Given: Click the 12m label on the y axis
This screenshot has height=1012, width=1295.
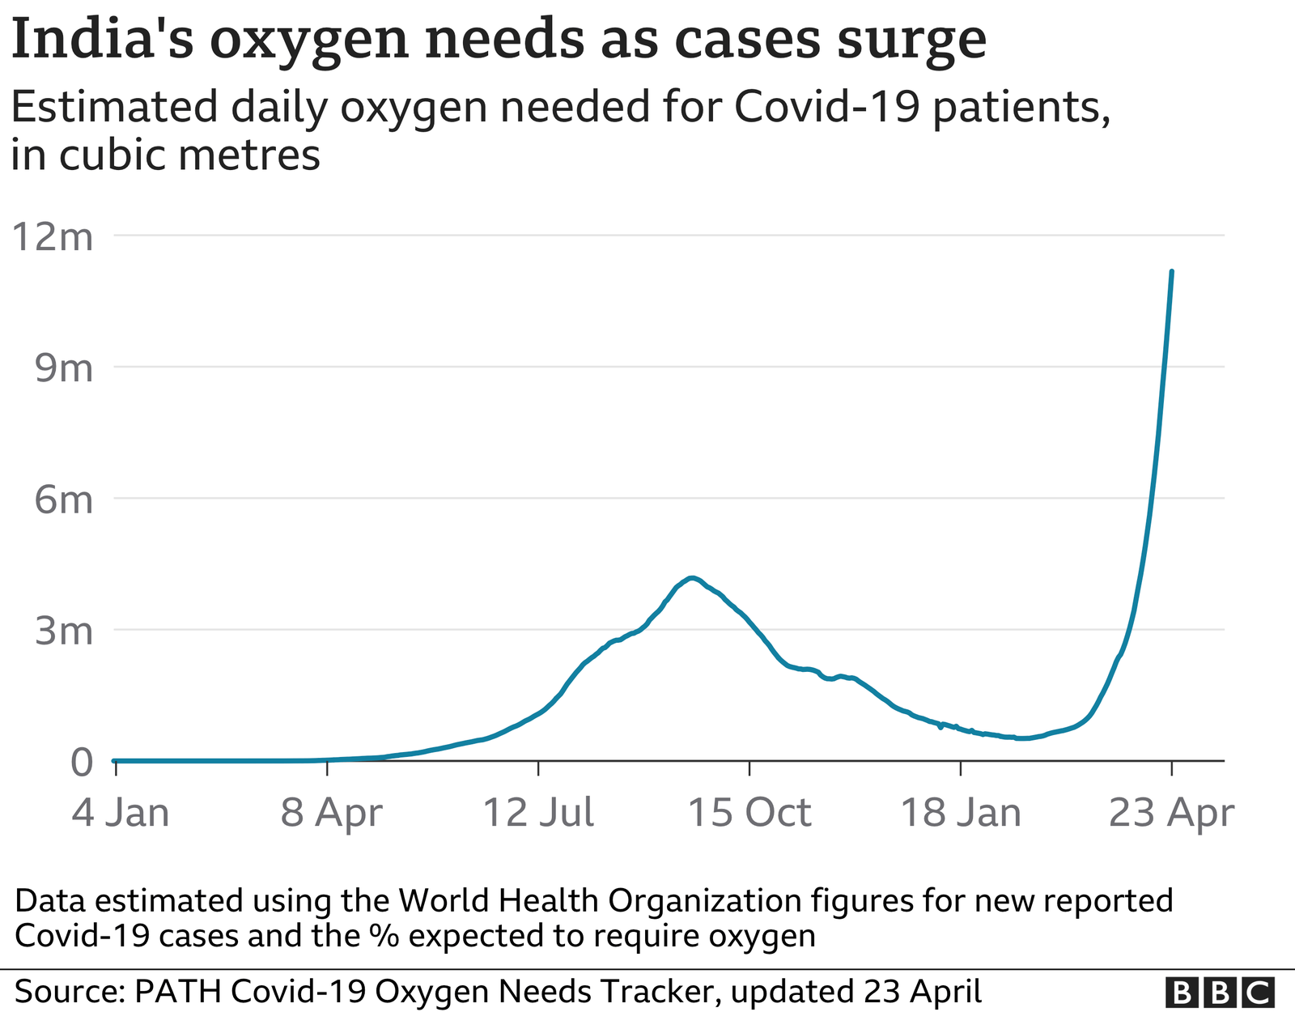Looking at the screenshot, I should (53, 237).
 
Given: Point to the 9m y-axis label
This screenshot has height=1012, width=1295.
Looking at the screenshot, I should (64, 368).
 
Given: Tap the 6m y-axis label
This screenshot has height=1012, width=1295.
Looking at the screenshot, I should (64, 500).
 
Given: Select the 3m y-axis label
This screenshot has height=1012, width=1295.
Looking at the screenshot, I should (64, 631).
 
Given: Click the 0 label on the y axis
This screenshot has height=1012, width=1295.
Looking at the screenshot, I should (82, 762).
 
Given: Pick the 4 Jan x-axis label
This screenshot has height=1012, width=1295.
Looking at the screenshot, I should (121, 812).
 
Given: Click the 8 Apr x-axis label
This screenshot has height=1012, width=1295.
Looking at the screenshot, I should (331, 812).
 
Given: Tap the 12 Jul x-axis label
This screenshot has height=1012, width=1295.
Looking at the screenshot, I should (538, 812).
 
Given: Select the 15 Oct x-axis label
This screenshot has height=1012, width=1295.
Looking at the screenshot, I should (749, 812).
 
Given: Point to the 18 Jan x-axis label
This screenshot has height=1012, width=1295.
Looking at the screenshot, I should (961, 812).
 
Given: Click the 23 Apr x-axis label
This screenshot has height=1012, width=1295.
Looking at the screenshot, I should (1171, 812).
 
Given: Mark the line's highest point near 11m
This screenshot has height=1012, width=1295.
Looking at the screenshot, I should (1172, 272).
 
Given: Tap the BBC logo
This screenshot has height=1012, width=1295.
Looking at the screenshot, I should (1220, 992).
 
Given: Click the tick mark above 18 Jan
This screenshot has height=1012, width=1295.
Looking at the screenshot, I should (961, 768).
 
